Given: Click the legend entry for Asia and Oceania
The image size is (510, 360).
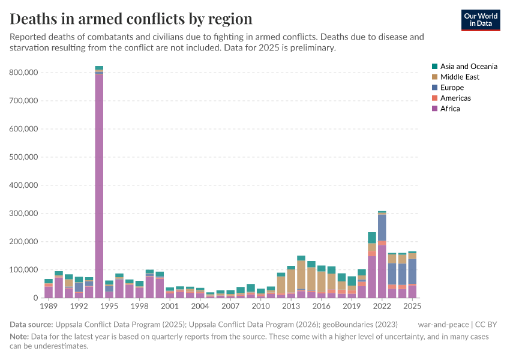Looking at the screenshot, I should click(468, 67).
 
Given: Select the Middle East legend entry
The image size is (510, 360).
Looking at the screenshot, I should click(459, 77).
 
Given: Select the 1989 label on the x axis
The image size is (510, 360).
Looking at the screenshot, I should click(49, 307).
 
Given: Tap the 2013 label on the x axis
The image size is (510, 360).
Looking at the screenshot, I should click(290, 307).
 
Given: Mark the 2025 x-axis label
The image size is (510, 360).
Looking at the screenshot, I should click(412, 307).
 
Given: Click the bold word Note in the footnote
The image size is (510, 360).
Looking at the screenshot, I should click(20, 337).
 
